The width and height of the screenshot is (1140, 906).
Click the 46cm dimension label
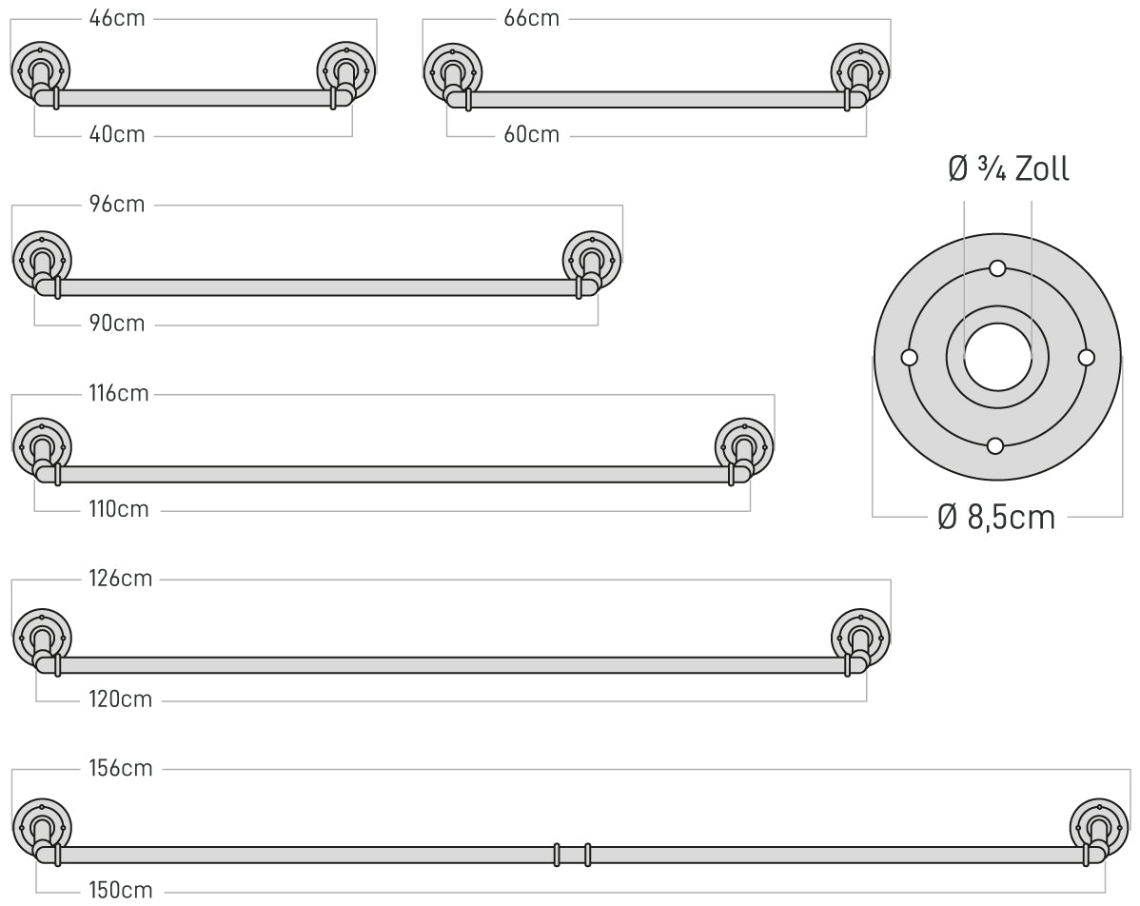tap(117, 18)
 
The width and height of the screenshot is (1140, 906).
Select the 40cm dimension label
tap(117, 134)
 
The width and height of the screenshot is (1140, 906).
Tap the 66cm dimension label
tap(532, 18)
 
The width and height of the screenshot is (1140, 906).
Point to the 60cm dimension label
tap(532, 134)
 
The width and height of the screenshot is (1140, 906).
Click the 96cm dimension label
tap(117, 205)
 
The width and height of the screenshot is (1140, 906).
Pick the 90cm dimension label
tap(117, 324)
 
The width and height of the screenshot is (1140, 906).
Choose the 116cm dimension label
tap(119, 393)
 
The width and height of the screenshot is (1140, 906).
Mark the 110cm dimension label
tap(119, 509)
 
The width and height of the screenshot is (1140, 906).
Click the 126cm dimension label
tap(121, 579)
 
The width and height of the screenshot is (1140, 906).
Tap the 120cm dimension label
tap(121, 699)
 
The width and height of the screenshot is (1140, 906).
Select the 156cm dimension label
tap(121, 769)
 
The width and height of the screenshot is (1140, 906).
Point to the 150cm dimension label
tap(121, 890)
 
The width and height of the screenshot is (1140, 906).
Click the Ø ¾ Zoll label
tap(1009, 168)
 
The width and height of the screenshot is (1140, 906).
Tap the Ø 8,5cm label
tap(996, 517)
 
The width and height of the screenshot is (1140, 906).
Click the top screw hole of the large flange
tap(997, 269)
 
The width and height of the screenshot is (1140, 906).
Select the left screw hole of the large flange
tap(909, 358)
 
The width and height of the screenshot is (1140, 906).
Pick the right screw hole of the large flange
tap(1086, 358)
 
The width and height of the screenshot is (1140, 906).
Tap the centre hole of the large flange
tap(997, 357)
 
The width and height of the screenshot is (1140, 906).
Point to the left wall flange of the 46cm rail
tap(41, 71)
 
